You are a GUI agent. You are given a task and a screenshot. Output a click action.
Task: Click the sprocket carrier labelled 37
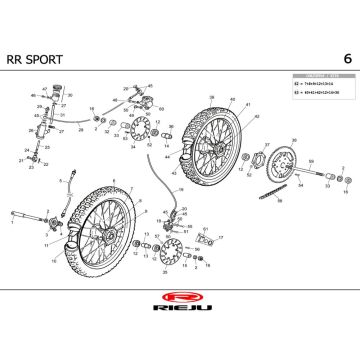coord(268,161)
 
